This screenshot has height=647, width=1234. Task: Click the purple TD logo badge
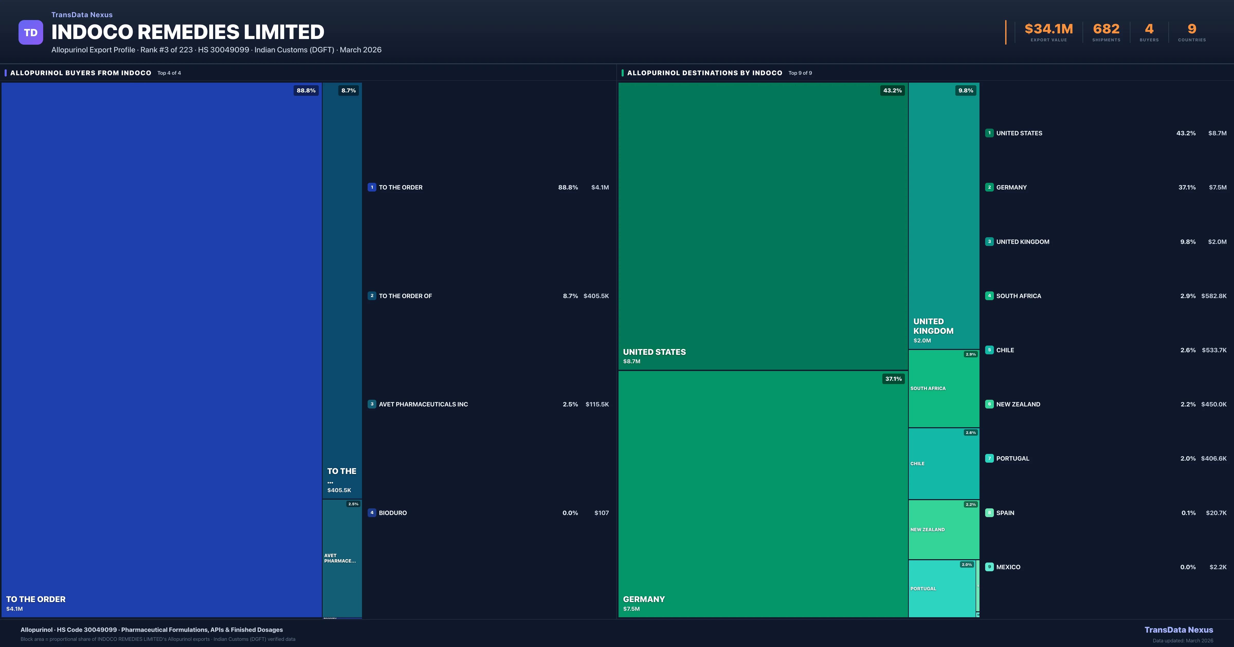tap(31, 33)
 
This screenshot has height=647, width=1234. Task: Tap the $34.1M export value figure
tap(1049, 29)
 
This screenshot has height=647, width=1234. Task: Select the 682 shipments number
tap(1106, 29)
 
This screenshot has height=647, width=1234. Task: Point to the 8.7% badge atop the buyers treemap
tap(348, 90)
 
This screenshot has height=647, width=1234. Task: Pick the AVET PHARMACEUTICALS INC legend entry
tap(423, 404)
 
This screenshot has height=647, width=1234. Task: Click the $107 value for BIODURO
tap(601, 513)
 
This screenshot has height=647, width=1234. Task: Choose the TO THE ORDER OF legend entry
tap(405, 296)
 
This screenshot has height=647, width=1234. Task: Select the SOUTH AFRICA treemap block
tap(943, 388)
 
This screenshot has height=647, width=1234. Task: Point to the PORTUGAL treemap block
tap(941, 589)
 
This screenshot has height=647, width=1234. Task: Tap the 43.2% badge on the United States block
tap(892, 90)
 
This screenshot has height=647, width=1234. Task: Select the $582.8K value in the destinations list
tap(1214, 296)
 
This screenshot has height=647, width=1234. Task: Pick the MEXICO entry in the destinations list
tap(1008, 567)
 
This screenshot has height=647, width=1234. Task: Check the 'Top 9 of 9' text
tap(800, 73)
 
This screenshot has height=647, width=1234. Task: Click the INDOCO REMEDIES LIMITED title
tap(188, 32)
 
